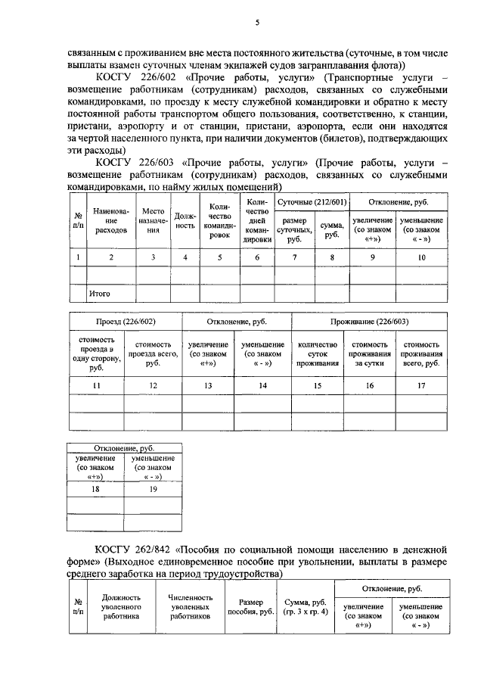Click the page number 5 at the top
258,23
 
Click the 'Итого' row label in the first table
101,292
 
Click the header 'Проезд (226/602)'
125,322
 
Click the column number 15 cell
318,386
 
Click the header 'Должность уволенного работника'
112,606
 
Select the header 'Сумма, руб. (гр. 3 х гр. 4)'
306,606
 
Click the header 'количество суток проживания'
318,353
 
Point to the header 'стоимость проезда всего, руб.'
153,353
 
